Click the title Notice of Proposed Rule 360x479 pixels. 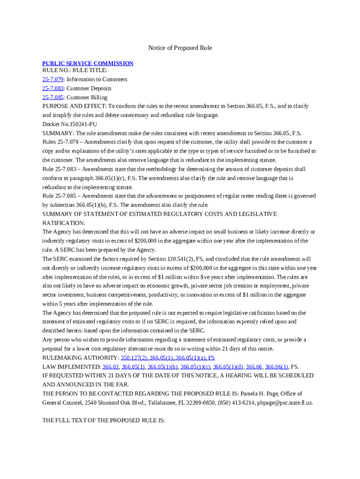coord(180,48)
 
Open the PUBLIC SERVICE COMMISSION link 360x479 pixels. coord(88,64)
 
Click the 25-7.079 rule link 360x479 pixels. coord(53,80)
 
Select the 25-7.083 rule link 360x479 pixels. coord(53,88)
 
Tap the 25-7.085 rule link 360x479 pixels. coord(53,97)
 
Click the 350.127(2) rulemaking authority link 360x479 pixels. coord(134,358)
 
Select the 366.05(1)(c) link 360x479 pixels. coord(195,367)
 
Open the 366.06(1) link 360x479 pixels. coord(276,367)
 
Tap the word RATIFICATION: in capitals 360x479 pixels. coord(64,223)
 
